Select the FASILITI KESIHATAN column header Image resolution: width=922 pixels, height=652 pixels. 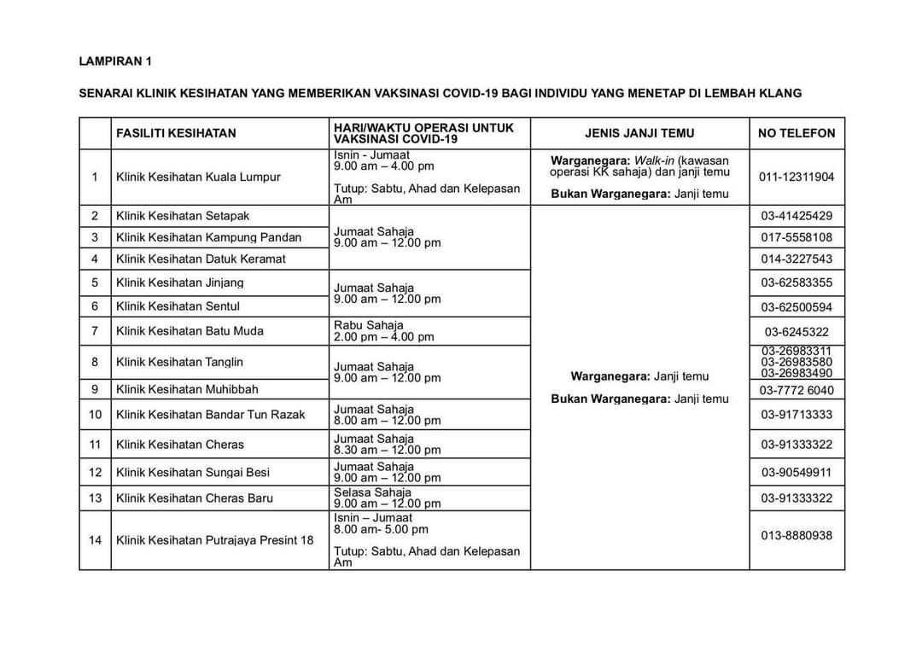click(x=176, y=133)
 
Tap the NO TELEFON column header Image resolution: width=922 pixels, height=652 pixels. click(x=797, y=133)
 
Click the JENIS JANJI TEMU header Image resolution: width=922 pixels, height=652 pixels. click(x=639, y=133)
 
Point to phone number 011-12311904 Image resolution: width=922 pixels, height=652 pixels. click(x=797, y=178)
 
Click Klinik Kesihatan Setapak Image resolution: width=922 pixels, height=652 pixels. click(x=183, y=216)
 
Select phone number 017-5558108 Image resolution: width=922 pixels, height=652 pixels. click(x=797, y=237)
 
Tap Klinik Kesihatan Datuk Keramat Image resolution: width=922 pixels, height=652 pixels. click(x=201, y=259)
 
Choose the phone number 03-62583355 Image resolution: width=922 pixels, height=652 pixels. click(x=797, y=282)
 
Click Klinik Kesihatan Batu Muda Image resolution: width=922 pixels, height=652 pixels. click(x=190, y=331)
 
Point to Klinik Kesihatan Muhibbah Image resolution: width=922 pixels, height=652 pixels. click(x=187, y=389)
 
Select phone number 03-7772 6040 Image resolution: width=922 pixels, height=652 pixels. click(x=797, y=390)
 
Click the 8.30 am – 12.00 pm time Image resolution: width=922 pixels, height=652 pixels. click(x=387, y=450)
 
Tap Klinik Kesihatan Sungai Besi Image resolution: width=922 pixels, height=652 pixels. click(x=192, y=472)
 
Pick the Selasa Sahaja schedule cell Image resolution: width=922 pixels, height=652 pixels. click(x=387, y=498)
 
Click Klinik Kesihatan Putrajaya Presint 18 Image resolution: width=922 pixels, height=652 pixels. click(x=214, y=540)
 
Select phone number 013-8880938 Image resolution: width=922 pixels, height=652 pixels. click(x=797, y=536)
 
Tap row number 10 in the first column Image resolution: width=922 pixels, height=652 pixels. click(x=95, y=415)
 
